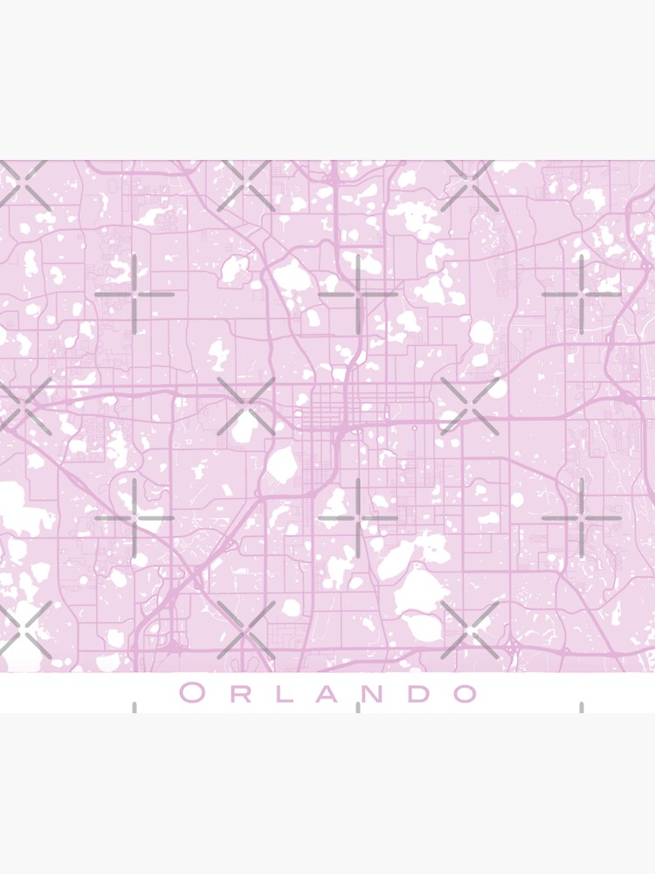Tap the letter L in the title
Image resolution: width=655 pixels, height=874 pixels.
coord(280,694)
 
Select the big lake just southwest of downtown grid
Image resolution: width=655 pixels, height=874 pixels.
coord(282,466)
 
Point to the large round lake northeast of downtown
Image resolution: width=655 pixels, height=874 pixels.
coord(481,332)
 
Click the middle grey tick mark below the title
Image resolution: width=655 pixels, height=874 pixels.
coord(358,707)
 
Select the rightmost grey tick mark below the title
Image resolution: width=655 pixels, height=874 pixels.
coord(582,707)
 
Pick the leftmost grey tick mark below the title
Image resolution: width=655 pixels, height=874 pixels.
coord(134,707)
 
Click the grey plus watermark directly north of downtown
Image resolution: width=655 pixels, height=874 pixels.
coord(358,295)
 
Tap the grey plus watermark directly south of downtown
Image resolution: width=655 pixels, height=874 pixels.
coord(358,518)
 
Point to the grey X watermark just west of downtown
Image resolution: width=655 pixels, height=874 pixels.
coord(246,406)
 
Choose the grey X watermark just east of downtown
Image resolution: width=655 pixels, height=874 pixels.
coord(470,406)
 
